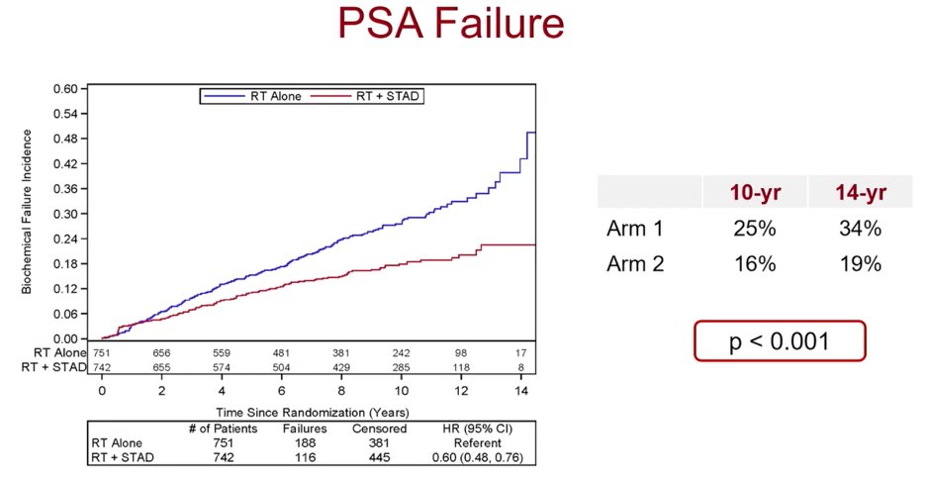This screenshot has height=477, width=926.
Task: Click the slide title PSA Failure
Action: (451, 24)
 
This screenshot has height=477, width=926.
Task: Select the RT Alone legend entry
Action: (252, 96)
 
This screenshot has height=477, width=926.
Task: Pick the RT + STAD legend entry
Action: (366, 96)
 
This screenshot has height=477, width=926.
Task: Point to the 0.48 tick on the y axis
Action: (65, 139)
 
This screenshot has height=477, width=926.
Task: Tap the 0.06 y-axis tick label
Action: (65, 314)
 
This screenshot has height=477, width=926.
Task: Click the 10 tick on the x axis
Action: (401, 391)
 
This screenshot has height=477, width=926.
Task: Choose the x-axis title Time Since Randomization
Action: (312, 412)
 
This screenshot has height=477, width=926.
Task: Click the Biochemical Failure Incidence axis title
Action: (27, 212)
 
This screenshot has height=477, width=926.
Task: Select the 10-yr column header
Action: (755, 193)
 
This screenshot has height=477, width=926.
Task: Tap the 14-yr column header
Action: (860, 193)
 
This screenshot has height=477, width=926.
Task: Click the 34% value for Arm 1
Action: (860, 229)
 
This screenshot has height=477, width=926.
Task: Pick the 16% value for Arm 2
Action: (755, 263)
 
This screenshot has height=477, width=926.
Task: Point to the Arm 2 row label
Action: (635, 263)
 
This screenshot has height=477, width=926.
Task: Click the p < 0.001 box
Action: (780, 341)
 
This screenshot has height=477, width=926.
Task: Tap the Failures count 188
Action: (305, 442)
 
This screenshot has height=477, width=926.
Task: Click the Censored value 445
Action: (379, 457)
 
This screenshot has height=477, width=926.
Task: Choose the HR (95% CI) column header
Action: (477, 429)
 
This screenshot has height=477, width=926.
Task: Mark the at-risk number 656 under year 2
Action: (161, 353)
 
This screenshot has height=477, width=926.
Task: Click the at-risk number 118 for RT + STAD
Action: (461, 367)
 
